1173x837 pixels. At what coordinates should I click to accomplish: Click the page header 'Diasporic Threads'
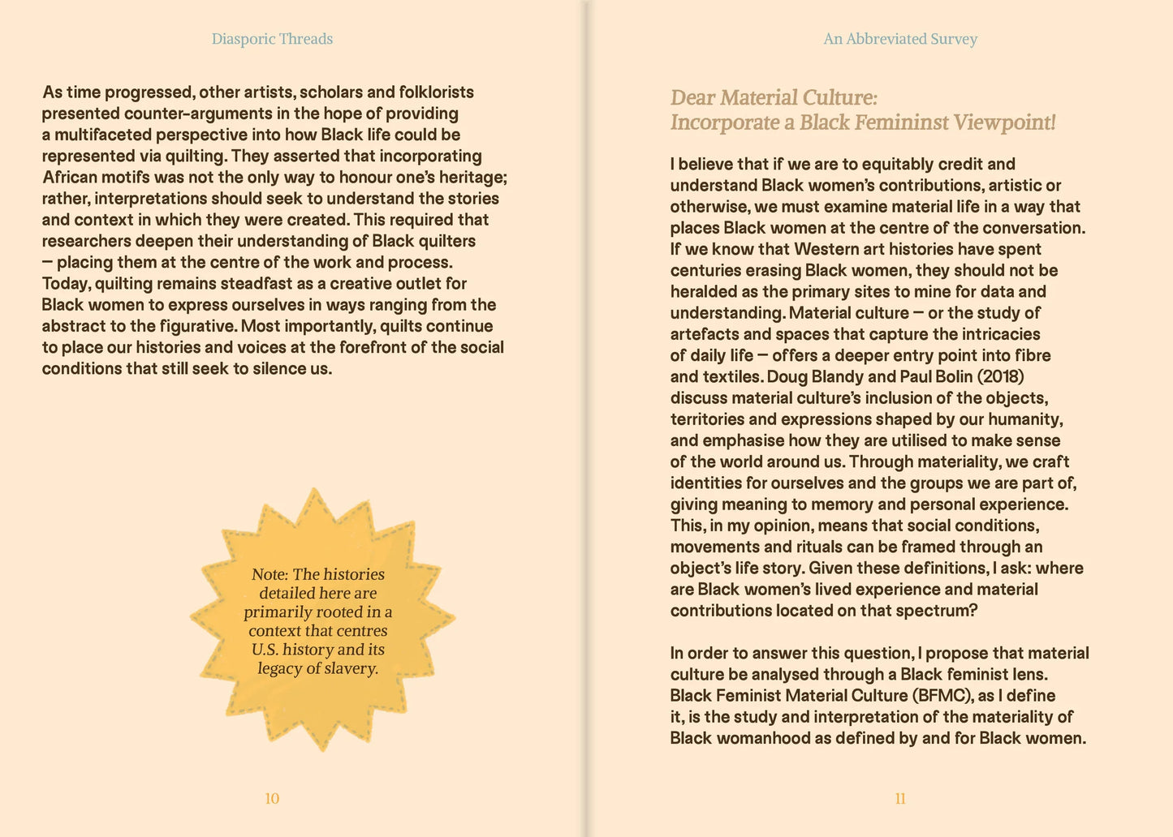coord(272,39)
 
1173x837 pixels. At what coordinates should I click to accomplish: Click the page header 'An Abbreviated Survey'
coord(900,39)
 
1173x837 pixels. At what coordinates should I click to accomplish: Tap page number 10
coord(272,799)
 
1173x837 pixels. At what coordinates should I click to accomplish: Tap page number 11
coord(900,799)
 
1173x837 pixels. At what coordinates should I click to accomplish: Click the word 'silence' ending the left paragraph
coord(279,369)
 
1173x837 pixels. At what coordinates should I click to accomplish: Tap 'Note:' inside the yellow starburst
coord(270,574)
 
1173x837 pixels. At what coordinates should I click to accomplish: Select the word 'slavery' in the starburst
coord(351,669)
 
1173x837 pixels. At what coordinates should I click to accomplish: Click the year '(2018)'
coord(1000,377)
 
